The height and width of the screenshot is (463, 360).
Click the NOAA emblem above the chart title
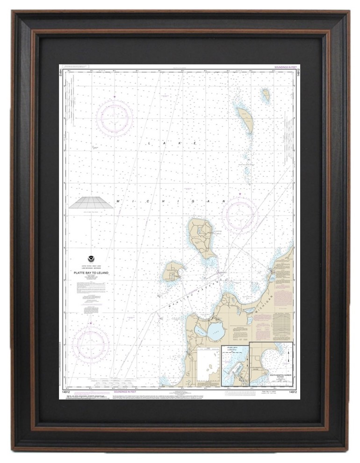point(90,258)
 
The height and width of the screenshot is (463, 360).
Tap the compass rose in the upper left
point(115,118)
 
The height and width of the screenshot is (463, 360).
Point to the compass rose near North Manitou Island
point(240,215)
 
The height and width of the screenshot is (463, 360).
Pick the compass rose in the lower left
point(91,345)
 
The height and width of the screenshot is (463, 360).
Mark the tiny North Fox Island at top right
point(266,95)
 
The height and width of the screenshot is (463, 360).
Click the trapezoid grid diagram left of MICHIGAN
point(91,202)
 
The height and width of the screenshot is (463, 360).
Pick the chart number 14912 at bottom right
point(291,391)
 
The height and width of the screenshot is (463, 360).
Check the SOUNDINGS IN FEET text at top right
point(285,67)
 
